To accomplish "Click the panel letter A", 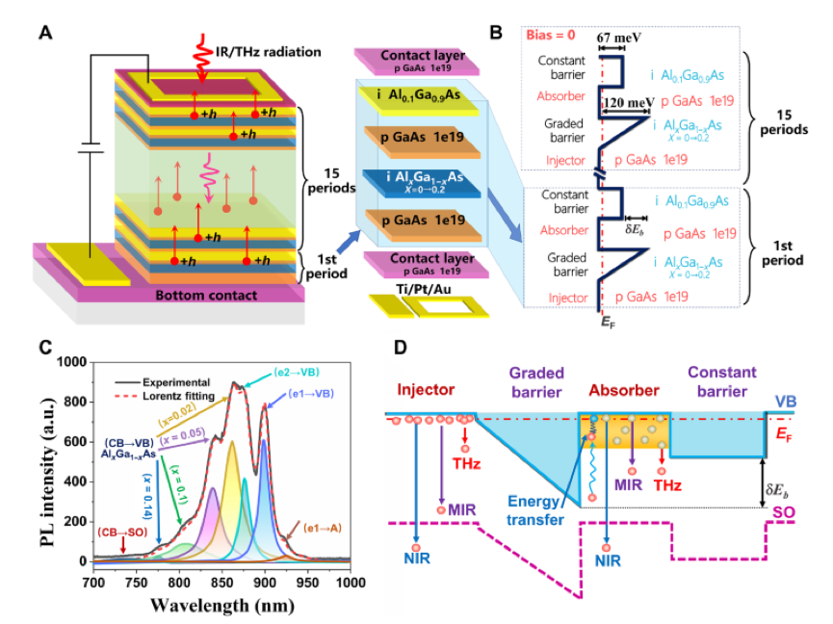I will (45, 34).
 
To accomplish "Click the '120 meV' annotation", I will (624, 99).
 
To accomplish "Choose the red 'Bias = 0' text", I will (555, 35).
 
